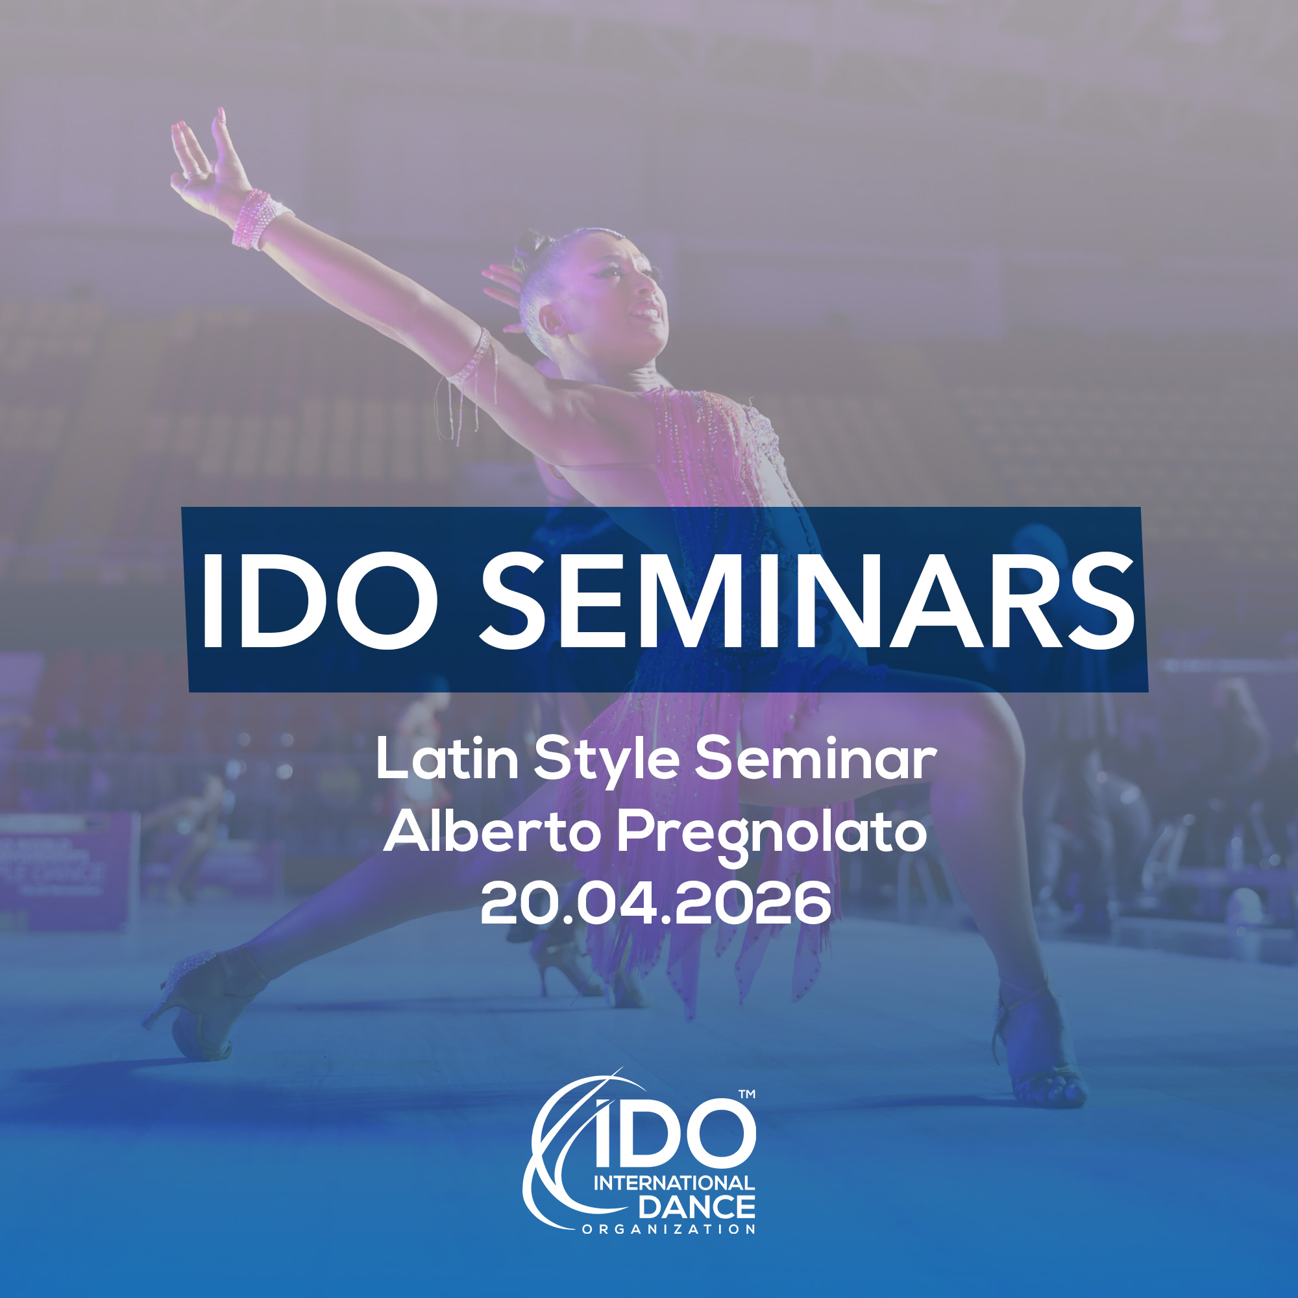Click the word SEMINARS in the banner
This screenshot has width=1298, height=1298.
pyautogui.click(x=807, y=600)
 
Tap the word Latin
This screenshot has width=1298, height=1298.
pyautogui.click(x=447, y=759)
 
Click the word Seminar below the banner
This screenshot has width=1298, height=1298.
pyautogui.click(x=815, y=759)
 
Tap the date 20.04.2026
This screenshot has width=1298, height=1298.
pyautogui.click(x=655, y=903)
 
